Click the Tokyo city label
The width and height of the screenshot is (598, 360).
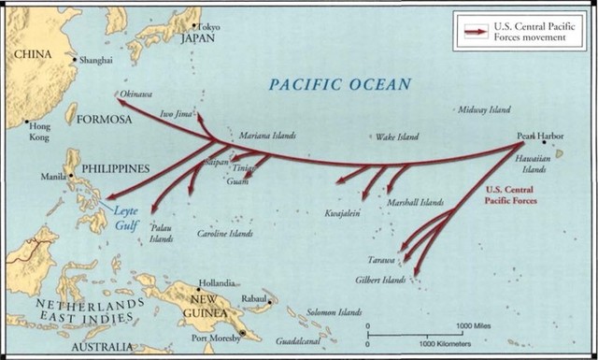click(x=210, y=26)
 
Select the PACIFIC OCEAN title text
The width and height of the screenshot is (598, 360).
click(x=339, y=85)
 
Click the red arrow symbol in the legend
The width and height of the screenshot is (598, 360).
click(x=474, y=32)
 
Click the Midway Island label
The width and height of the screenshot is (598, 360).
click(x=485, y=110)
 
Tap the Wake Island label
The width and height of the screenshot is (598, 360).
click(x=396, y=137)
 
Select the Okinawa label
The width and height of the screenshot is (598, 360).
click(x=137, y=94)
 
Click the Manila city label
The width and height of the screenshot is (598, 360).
click(x=53, y=176)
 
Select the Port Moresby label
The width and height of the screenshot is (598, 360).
click(x=216, y=338)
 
